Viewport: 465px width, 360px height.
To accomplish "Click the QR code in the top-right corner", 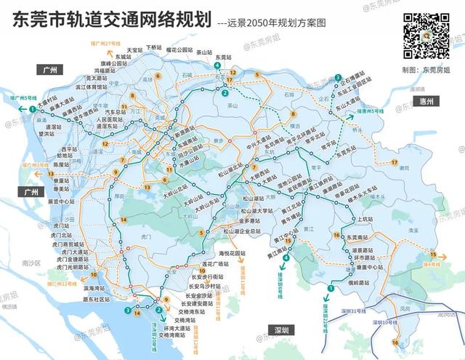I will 427,34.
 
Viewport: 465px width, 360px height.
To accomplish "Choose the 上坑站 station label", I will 365,218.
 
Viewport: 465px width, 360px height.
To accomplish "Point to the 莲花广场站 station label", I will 214,263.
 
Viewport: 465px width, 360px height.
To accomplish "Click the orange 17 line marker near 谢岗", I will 395,161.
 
